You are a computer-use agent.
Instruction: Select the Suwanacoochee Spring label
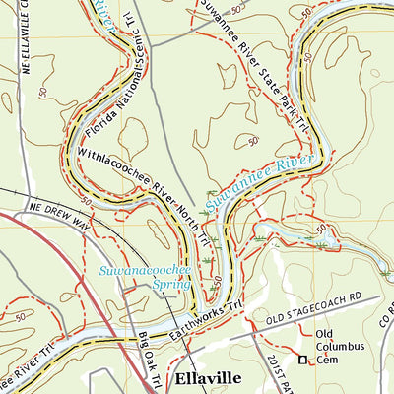(137, 275)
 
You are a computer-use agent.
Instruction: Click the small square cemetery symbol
(302, 361)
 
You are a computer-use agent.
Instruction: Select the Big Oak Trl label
(148, 361)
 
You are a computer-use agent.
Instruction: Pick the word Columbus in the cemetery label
(341, 347)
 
